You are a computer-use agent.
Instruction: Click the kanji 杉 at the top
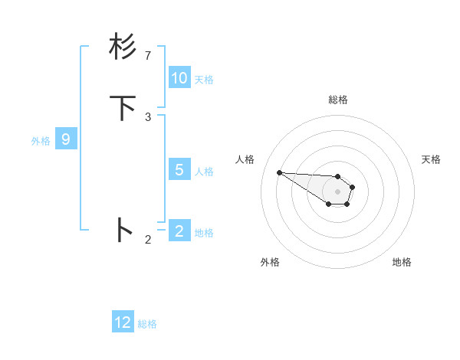(x=123, y=47)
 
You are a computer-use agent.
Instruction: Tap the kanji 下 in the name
(x=123, y=108)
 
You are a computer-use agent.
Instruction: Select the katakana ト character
(x=123, y=230)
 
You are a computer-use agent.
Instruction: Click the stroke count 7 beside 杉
(x=148, y=56)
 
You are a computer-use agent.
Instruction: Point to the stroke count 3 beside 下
(x=148, y=117)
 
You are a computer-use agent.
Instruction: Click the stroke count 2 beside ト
(x=148, y=240)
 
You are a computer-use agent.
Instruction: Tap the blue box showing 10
(x=179, y=78)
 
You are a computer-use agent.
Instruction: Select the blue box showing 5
(x=179, y=170)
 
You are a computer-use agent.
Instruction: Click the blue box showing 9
(x=66, y=139)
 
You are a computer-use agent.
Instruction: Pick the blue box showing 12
(x=123, y=322)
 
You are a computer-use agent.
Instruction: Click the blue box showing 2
(x=179, y=231)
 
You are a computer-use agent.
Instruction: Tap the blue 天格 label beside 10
(x=204, y=80)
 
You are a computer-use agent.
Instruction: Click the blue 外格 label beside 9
(x=40, y=141)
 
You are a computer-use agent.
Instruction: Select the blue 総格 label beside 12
(x=147, y=324)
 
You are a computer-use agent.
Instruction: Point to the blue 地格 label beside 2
(x=204, y=232)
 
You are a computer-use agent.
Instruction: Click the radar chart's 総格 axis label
(x=338, y=100)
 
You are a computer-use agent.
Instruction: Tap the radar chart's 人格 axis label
(x=245, y=159)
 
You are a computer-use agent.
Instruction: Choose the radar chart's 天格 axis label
(x=431, y=159)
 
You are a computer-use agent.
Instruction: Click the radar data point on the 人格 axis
(x=279, y=172)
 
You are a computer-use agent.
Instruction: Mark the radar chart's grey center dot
(x=337, y=191)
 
